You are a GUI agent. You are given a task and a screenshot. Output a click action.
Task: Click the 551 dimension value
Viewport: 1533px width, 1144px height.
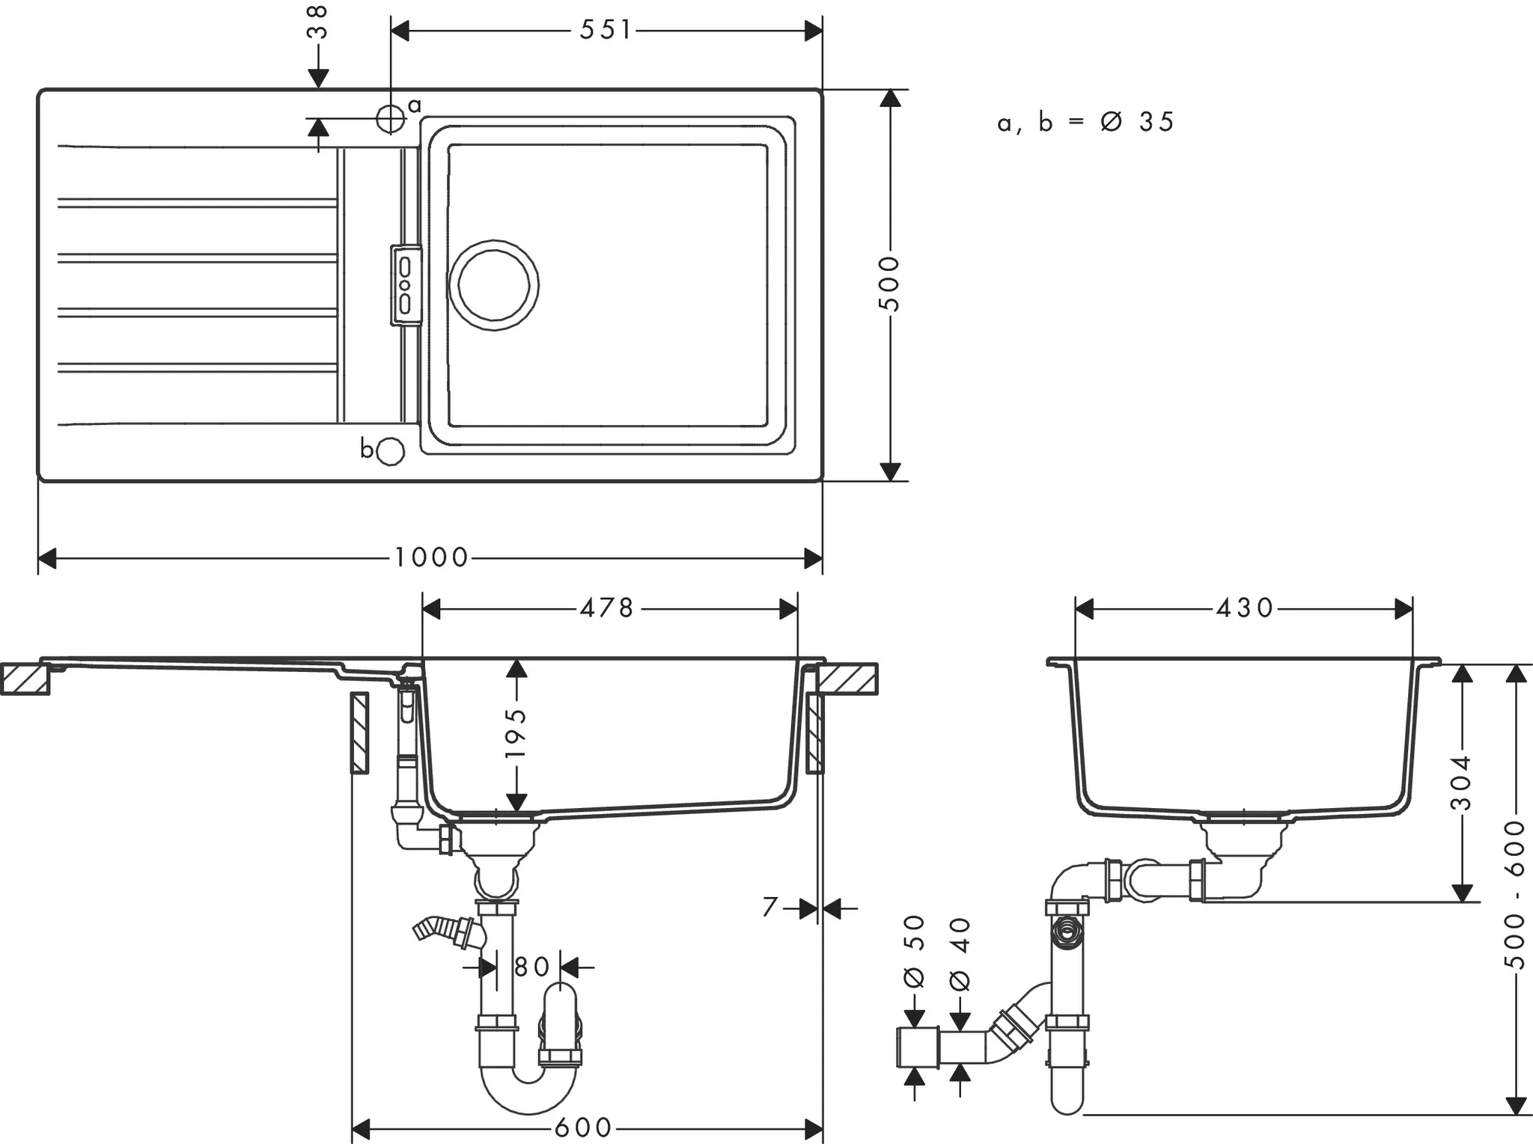606,31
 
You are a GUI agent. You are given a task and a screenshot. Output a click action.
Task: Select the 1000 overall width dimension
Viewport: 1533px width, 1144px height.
430,557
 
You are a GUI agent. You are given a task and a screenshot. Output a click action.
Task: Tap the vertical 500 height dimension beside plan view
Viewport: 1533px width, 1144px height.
889,284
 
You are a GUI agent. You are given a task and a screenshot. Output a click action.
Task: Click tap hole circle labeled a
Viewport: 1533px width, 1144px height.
390,118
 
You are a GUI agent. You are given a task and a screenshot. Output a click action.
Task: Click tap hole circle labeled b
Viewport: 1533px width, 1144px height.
391,451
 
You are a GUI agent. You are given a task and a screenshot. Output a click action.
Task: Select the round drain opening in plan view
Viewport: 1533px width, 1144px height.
493,285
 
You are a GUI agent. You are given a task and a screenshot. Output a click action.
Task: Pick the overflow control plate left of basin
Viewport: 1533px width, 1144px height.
405,285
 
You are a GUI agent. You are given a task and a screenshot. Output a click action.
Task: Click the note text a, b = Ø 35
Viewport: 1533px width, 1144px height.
1085,123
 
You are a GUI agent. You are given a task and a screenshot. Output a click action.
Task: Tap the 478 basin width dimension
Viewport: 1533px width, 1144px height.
606,608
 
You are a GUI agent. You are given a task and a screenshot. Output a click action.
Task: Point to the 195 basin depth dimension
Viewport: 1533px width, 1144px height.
516,733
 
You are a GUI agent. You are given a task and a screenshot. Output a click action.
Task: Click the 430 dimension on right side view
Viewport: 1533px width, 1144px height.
1243,608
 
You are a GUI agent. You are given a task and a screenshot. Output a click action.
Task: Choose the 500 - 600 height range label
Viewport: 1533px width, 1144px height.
1514,894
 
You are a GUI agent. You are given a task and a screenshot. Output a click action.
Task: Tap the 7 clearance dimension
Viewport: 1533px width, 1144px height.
770,908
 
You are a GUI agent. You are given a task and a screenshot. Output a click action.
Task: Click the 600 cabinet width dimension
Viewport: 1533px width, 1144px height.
583,1127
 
